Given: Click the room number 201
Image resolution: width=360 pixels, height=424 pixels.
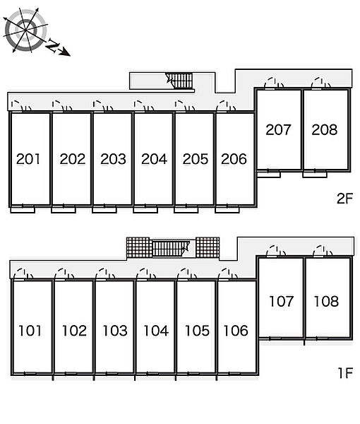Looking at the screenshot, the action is point(28,159).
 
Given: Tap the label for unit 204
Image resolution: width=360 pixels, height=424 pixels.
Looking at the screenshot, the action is point(154,159).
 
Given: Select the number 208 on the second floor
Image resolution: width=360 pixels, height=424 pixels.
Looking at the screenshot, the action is point(324,130).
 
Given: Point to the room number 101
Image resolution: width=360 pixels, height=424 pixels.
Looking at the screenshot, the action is point(30,331).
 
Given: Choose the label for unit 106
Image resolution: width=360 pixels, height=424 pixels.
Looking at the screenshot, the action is point(236,331).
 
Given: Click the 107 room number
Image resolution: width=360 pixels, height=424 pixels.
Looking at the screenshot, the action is point(281,302).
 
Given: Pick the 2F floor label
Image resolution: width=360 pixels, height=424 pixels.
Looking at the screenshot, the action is point(345,199).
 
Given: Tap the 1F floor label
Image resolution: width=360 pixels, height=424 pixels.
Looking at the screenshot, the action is point(345,373).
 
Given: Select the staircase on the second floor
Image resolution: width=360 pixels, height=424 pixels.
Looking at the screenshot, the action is point(179,81).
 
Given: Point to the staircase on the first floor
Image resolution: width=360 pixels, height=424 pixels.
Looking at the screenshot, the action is point(171,249).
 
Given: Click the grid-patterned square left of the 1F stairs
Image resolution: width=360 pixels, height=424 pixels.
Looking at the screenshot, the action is point(138,247).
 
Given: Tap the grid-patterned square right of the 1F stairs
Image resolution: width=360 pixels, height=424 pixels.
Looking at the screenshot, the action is point(208,247).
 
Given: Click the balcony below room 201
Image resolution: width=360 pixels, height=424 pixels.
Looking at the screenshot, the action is point(23,210).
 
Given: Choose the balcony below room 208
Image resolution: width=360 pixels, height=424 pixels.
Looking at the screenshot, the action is point(315,175).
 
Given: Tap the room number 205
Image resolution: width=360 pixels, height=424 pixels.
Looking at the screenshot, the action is point(196,159).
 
